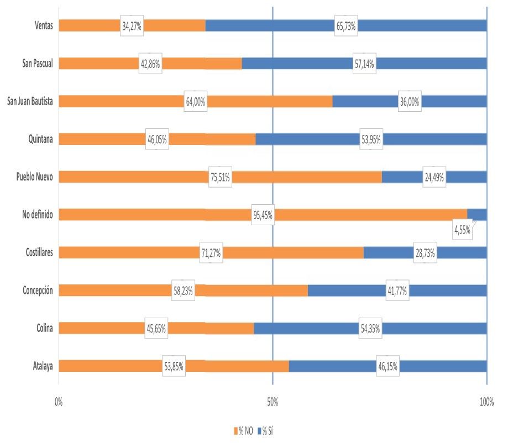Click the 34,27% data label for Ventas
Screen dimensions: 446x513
pyautogui.click(x=132, y=26)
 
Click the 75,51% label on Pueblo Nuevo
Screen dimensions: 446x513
pyautogui.click(x=219, y=177)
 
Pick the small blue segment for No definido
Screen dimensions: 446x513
pyautogui.click(x=477, y=215)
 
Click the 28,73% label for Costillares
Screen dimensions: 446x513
pyautogui.click(x=425, y=253)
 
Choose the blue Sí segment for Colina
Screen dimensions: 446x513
pyautogui.click(x=310, y=328)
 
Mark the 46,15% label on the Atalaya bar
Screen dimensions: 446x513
pyautogui.click(x=388, y=366)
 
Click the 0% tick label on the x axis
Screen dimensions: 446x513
pyautogui.click(x=59, y=402)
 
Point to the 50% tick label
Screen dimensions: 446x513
pyautogui.click(x=273, y=402)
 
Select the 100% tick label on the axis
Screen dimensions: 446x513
pyautogui.click(x=486, y=402)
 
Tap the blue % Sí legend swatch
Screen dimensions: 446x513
pyautogui.click(x=259, y=431)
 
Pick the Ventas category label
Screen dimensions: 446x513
pyautogui.click(x=42, y=26)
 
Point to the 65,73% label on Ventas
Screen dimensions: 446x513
pyautogui.click(x=346, y=26)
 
